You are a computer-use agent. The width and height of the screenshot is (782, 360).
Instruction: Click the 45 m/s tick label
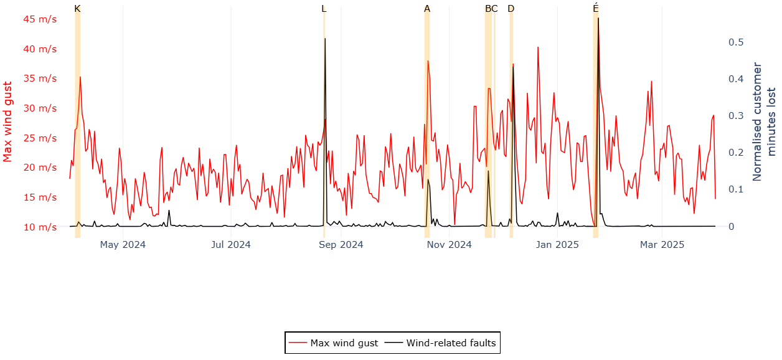pyautogui.click(x=40, y=19)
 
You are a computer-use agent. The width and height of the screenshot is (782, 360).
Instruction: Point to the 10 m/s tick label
pyautogui.click(x=40, y=227)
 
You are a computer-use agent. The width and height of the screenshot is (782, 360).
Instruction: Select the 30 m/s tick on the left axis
pyautogui.click(x=40, y=108)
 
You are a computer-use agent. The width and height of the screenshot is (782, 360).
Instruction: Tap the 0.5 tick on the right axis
pyautogui.click(x=737, y=42)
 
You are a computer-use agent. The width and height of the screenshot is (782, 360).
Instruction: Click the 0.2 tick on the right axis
pyautogui.click(x=737, y=153)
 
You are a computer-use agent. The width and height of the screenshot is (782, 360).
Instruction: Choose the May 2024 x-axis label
pyautogui.click(x=123, y=245)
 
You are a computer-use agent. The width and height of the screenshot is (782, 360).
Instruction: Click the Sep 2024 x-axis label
pyautogui.click(x=341, y=245)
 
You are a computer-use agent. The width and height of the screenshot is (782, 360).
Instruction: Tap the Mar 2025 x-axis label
pyautogui.click(x=662, y=245)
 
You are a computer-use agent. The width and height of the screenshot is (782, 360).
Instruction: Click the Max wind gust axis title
pyautogui.click(x=8, y=121)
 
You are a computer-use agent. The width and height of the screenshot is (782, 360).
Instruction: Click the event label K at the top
pyautogui.click(x=77, y=9)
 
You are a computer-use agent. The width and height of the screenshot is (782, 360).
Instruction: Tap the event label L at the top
pyautogui.click(x=324, y=9)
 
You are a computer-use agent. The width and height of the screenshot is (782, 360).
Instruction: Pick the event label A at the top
pyautogui.click(x=427, y=9)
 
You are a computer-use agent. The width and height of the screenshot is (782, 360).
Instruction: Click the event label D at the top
pyautogui.click(x=511, y=9)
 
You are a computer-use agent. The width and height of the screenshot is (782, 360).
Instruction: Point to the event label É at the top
pyautogui.click(x=596, y=9)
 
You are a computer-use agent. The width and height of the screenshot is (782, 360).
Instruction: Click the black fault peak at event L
pyautogui.click(x=325, y=39)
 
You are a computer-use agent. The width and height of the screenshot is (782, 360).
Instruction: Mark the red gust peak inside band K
pyautogui.click(x=80, y=77)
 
